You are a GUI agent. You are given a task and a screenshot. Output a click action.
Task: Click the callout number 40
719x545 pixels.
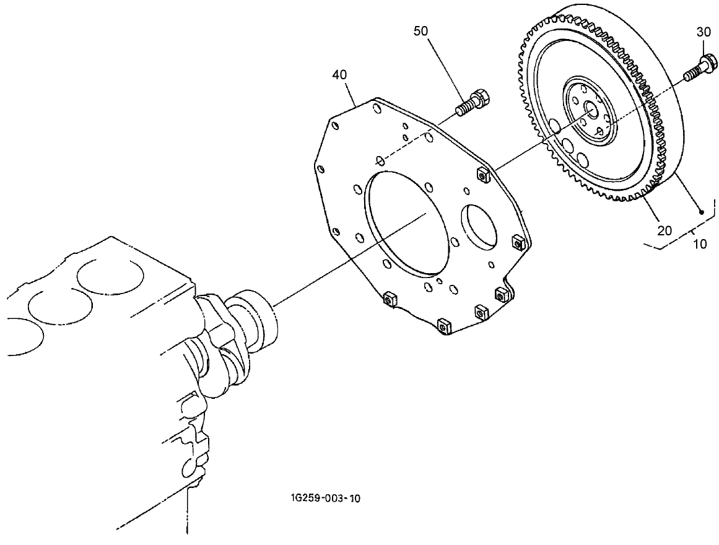pos(339,74)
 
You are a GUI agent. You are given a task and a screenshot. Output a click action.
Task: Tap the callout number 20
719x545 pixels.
pos(664,230)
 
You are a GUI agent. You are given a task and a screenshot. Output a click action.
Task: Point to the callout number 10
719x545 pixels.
pos(699,243)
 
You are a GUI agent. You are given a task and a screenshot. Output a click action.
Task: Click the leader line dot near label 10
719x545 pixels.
pos(702,212)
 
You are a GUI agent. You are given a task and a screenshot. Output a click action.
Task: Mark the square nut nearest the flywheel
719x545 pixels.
pos(483,176)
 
